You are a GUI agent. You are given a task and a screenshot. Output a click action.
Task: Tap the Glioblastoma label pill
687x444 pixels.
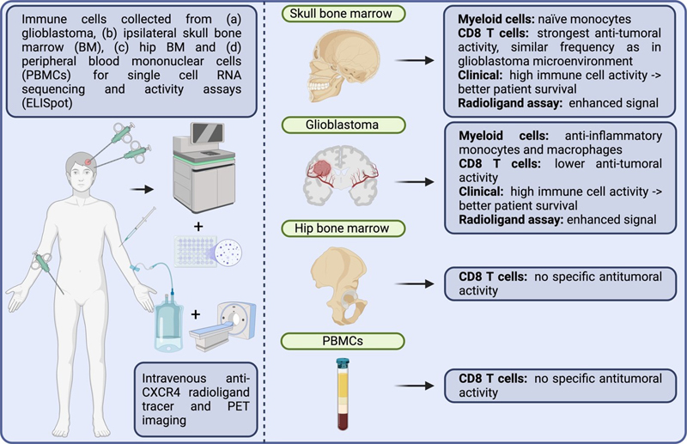(334, 125)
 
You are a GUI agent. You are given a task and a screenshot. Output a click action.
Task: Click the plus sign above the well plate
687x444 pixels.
(200, 226)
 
